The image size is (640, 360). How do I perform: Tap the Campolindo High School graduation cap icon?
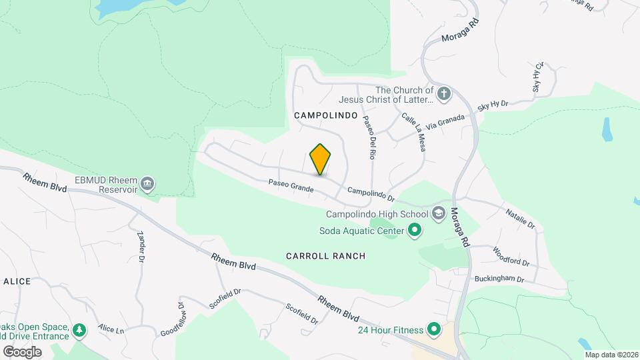point(439,214)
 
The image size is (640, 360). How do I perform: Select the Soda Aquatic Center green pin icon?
point(415,231)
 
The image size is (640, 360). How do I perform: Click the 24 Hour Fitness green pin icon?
point(434,329)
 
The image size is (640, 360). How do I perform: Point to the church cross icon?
point(445,94)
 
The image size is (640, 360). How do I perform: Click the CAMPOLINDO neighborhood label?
point(321,115)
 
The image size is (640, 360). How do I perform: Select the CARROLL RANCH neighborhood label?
point(326,256)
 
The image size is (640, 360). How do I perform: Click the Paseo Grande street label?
point(291,185)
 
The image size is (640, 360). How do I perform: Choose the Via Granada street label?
point(450,122)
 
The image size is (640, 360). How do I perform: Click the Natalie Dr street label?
point(521,218)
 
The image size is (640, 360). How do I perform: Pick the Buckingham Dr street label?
point(499,279)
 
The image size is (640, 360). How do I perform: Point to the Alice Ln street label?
point(111,329)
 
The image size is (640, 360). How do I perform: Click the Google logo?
point(22,351)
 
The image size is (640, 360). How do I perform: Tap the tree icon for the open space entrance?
point(79,330)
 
